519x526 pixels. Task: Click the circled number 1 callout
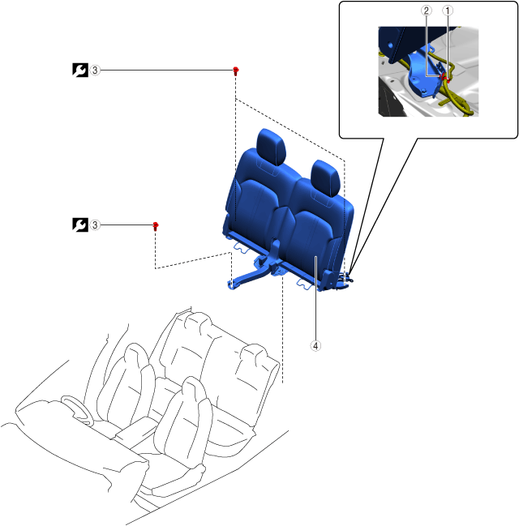click(447, 12)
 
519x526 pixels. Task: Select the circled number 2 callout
click(427, 12)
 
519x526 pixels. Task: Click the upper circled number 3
click(95, 71)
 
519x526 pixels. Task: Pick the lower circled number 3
click(95, 225)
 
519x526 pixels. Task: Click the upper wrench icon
click(79, 71)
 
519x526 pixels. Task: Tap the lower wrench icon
click(79, 225)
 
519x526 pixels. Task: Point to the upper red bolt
click(235, 71)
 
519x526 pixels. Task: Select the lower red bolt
click(155, 225)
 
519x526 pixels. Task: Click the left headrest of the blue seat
click(271, 146)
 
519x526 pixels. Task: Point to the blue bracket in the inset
click(424, 69)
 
